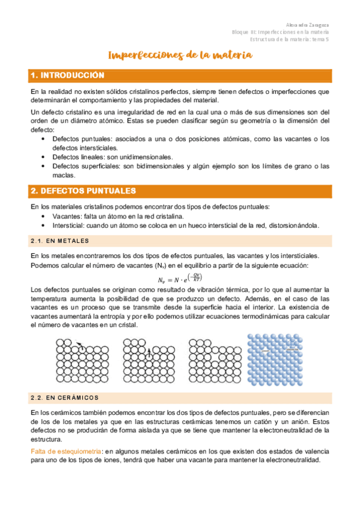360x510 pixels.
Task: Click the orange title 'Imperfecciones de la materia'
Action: coord(180,56)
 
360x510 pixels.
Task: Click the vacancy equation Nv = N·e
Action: coord(180,278)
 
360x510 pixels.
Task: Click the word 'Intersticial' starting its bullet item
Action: coord(68,225)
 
